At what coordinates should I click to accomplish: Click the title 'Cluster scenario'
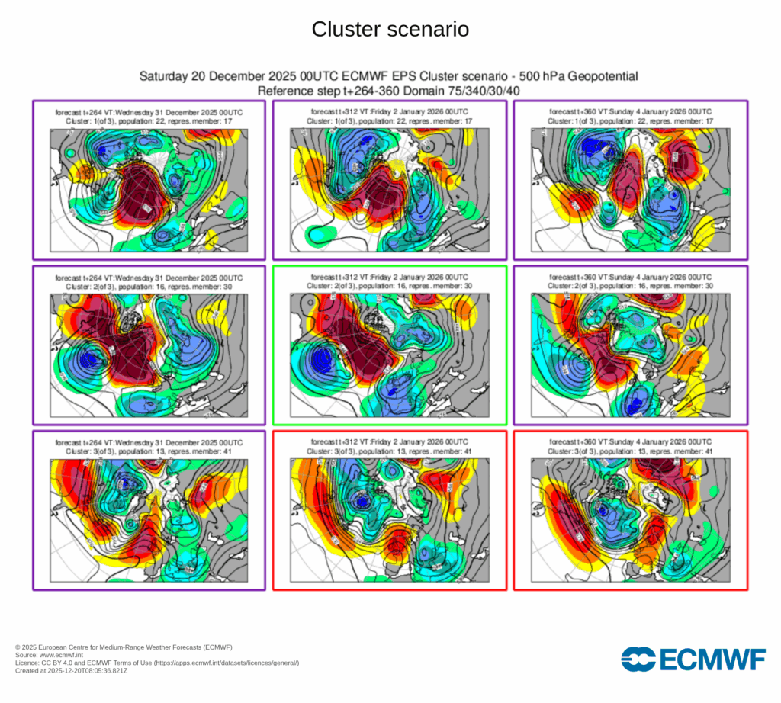[x=390, y=30]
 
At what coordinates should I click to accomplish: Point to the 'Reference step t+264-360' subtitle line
[x=389, y=91]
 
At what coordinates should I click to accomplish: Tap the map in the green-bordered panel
[x=390, y=355]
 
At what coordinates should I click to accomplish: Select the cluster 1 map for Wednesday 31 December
[x=149, y=189]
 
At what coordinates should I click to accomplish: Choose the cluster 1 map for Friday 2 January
[x=390, y=189]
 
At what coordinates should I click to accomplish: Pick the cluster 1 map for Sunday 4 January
[x=630, y=189]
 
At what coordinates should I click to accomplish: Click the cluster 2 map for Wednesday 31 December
[x=149, y=355]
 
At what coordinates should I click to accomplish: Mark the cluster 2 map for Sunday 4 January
[x=630, y=355]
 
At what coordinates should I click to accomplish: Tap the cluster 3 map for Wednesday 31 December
[x=149, y=519]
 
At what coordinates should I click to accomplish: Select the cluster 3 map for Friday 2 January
[x=390, y=519]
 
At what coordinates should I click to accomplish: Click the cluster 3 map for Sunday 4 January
[x=630, y=519]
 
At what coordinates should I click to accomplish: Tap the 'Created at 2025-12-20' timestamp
[x=72, y=671]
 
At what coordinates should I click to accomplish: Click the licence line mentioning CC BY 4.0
[x=157, y=663]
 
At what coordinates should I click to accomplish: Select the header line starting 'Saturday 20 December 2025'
[x=389, y=77]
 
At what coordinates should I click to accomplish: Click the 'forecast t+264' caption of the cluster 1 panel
[x=149, y=112]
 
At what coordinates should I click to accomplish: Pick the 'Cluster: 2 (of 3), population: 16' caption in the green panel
[x=390, y=285]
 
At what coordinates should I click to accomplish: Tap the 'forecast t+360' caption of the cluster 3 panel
[x=630, y=442]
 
